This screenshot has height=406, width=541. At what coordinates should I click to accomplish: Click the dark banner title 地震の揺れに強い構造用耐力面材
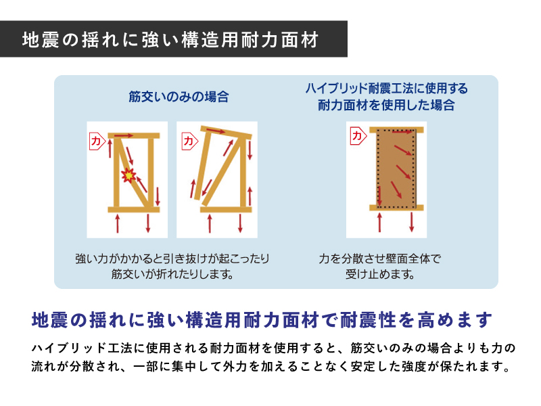170,40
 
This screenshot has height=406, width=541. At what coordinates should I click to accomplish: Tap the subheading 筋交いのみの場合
179,97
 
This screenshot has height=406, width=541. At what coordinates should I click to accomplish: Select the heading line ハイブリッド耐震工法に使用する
386,89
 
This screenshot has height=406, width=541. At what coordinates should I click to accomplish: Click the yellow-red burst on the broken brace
128,175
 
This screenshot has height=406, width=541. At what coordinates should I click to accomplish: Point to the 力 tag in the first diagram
97,141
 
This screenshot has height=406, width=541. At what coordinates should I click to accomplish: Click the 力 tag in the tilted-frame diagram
189,141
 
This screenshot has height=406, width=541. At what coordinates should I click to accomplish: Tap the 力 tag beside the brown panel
358,136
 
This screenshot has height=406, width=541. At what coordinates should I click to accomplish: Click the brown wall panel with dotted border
396,168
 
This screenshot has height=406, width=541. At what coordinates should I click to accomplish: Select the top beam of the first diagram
134,136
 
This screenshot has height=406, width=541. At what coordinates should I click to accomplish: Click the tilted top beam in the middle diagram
226,132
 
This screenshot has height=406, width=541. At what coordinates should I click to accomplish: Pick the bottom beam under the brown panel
396,208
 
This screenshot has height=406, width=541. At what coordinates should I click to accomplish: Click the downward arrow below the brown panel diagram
412,222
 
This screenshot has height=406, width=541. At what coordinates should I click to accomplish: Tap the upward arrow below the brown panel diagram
380,222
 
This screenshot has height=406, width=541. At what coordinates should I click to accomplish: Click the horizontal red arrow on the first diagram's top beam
124,136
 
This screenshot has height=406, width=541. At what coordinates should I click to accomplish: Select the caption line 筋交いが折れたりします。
172,275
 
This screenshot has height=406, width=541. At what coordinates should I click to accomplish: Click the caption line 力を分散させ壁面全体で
380,258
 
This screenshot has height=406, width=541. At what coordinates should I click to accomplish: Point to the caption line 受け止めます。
380,275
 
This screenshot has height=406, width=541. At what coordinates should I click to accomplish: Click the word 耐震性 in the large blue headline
368,319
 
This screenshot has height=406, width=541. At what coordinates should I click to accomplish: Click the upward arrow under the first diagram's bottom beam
118,223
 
